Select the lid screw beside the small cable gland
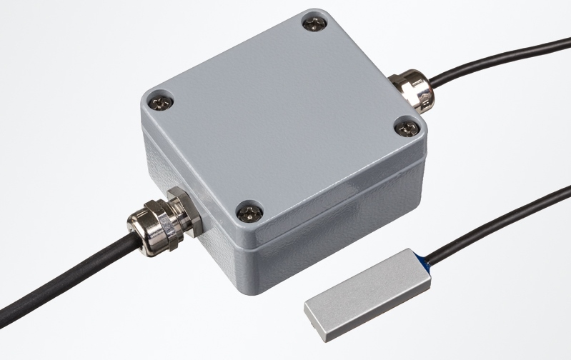click(x=407, y=129)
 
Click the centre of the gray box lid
click(x=286, y=114)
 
